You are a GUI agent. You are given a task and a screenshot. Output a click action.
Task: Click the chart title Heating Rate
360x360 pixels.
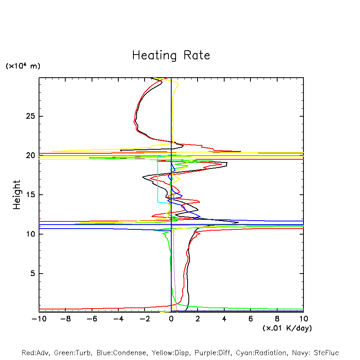pyautogui.click(x=171, y=55)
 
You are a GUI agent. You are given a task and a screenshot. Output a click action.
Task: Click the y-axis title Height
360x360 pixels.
pyautogui.click(x=17, y=195)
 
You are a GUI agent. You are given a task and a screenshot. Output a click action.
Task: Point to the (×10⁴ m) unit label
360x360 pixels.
pyautogui.click(x=23, y=66)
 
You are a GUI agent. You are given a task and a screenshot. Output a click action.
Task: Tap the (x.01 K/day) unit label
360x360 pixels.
pyautogui.click(x=287, y=328)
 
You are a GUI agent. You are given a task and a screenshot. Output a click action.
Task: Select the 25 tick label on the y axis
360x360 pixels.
pyautogui.click(x=31, y=116)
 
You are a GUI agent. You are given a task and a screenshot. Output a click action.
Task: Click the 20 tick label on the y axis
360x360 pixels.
pyautogui.click(x=31, y=156)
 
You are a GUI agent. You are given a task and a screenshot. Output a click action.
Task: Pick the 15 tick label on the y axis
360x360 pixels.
pyautogui.click(x=31, y=195)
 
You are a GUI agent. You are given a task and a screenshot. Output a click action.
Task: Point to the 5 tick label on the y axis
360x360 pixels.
pyautogui.click(x=33, y=274)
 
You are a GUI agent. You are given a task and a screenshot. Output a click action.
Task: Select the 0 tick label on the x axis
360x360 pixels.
pyautogui.click(x=171, y=319)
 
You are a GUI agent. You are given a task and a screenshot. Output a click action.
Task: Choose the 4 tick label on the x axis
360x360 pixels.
pyautogui.click(x=224, y=319)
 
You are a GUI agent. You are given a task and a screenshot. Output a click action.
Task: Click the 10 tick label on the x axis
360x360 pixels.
pyautogui.click(x=303, y=319)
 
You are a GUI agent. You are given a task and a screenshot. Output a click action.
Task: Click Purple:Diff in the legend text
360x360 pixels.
pyautogui.click(x=211, y=353)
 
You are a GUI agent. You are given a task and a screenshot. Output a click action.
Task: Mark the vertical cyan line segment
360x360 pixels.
pyautogui.click(x=158, y=179)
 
